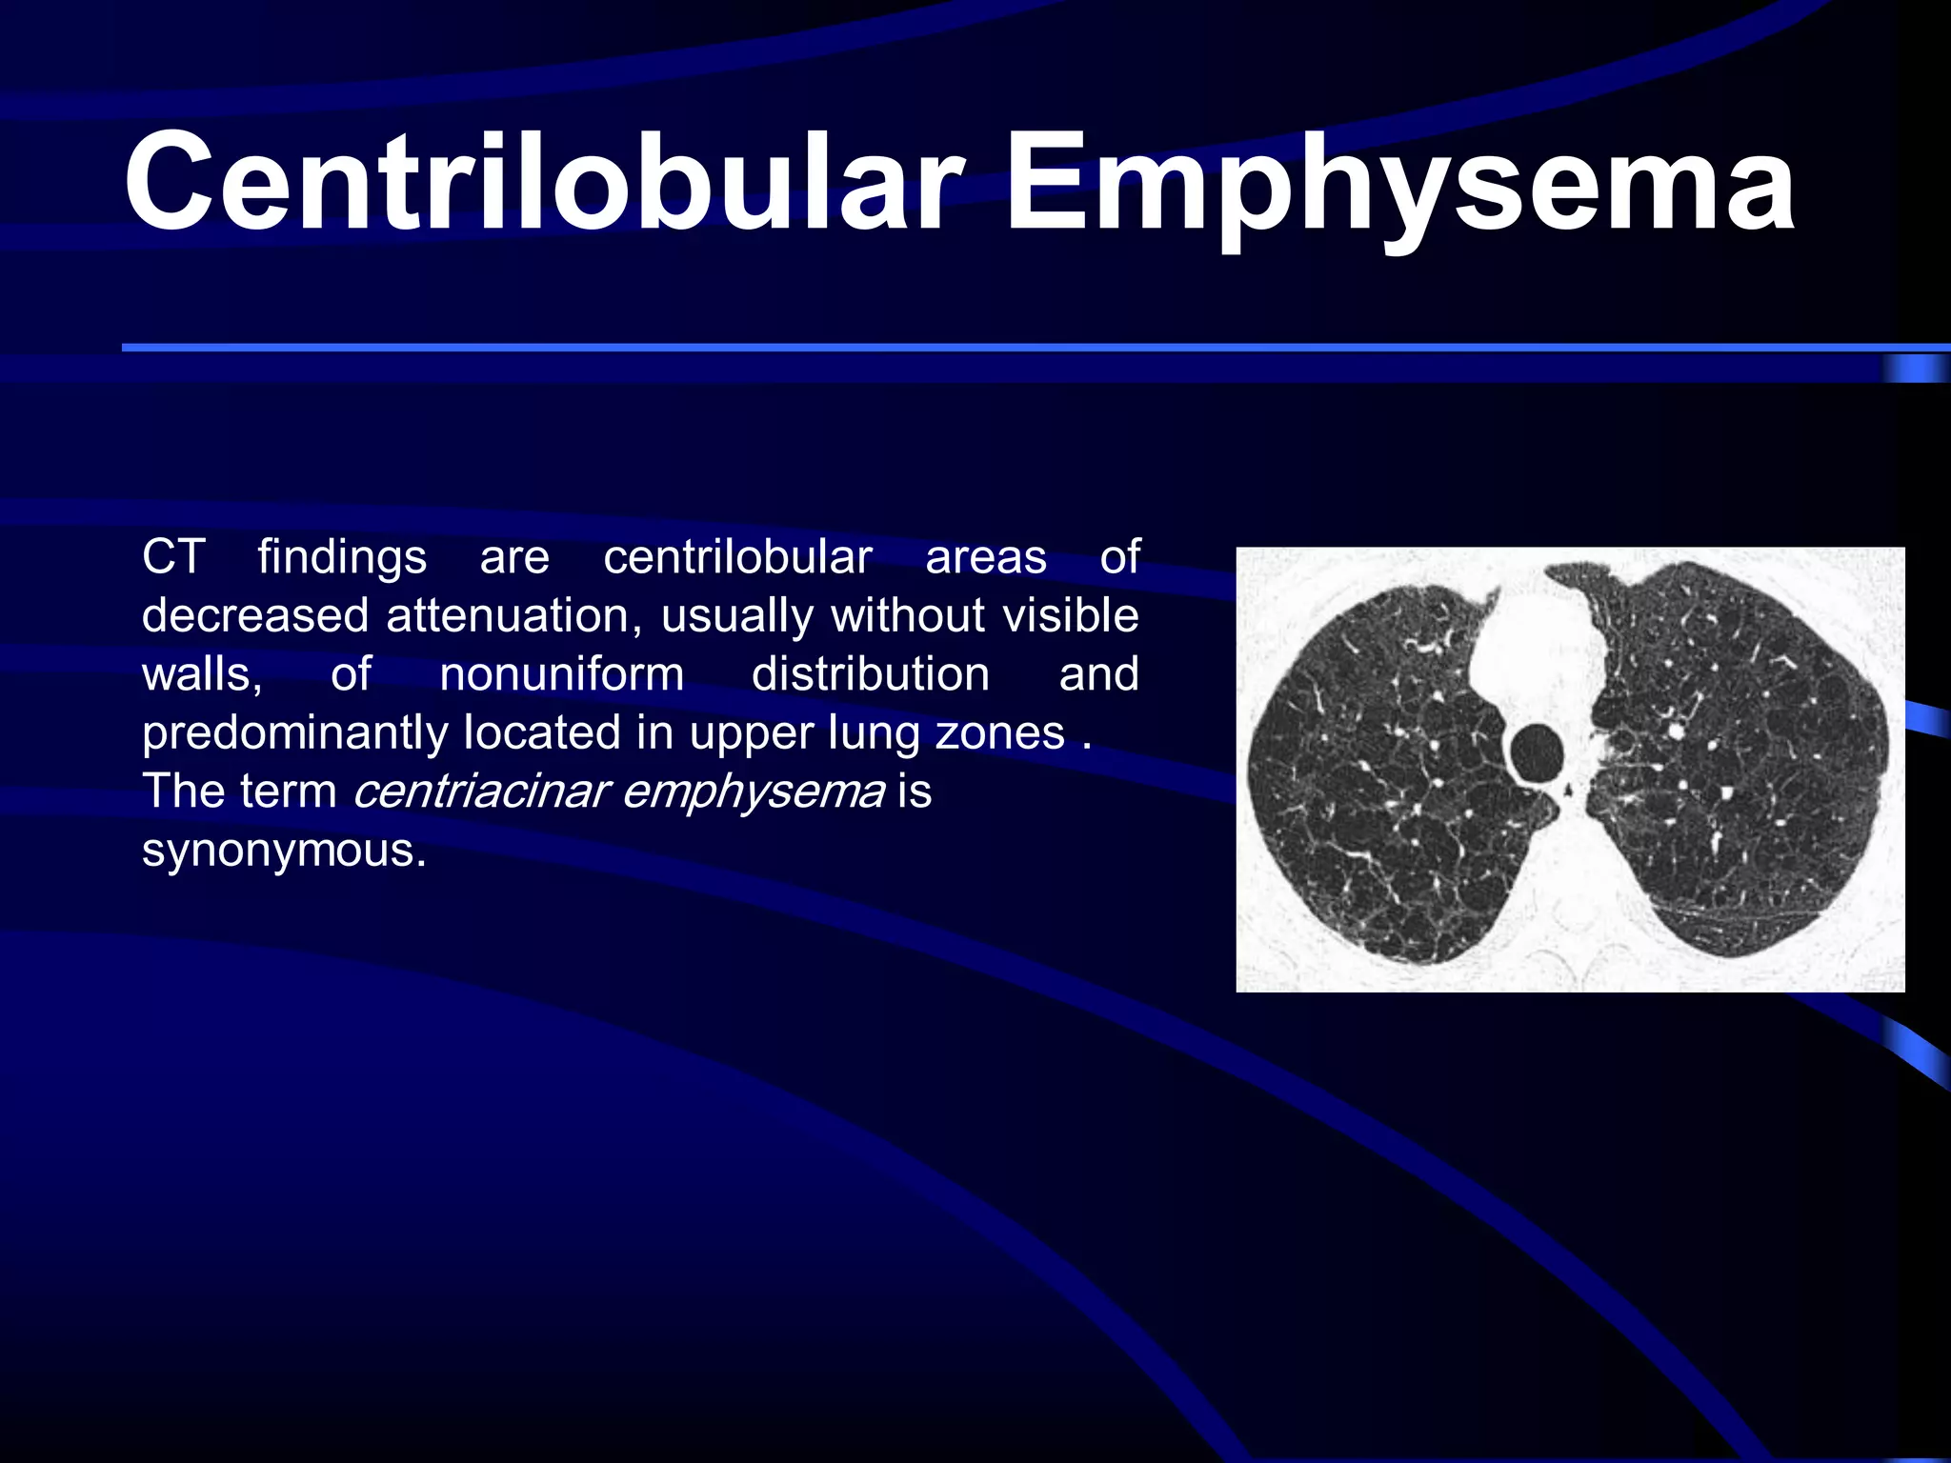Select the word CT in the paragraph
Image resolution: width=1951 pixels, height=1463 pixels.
(173, 556)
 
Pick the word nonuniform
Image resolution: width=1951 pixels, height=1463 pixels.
(562, 674)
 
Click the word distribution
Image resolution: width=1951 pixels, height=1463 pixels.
(871, 674)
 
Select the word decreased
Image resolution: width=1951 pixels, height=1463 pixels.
(255, 616)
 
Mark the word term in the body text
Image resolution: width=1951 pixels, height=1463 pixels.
(289, 792)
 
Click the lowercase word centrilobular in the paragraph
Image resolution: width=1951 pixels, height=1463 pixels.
(737, 557)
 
